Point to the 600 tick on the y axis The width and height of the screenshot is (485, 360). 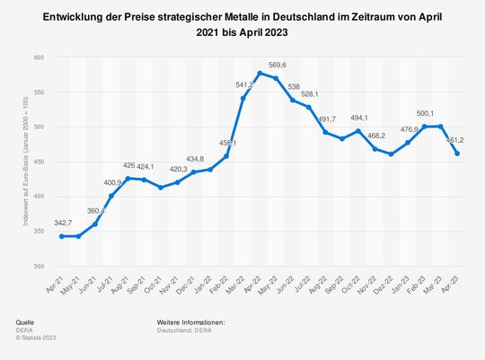click(39, 57)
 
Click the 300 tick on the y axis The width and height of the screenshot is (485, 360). click(39, 266)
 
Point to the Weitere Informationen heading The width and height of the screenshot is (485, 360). click(189, 320)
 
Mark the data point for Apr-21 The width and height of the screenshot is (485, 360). click(61, 236)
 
